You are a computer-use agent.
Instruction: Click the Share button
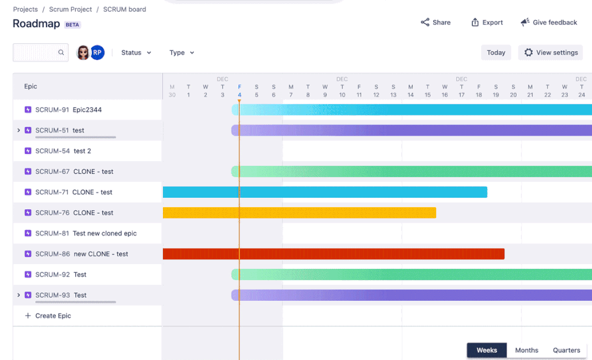[x=436, y=22]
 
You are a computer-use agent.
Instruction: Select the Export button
[x=487, y=22]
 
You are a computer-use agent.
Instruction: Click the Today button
[x=496, y=53]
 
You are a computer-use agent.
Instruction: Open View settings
[x=551, y=53]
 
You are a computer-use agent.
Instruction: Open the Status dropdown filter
[x=136, y=53]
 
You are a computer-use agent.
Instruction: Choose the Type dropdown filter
[x=181, y=53]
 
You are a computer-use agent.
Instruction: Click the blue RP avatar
[x=97, y=53]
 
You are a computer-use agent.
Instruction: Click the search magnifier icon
[x=61, y=53]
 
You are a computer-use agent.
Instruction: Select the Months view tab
[x=526, y=351]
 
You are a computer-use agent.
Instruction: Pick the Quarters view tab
[x=567, y=351]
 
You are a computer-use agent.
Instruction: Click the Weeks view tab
[x=487, y=351]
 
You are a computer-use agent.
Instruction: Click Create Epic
[x=53, y=316]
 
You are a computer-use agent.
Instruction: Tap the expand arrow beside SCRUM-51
[x=18, y=130]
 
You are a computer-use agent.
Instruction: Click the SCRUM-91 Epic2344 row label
[x=68, y=110]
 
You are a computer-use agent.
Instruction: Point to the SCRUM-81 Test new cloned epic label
[x=86, y=233]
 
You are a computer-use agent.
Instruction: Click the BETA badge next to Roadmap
[x=72, y=25]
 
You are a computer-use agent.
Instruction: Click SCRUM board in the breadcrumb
[x=124, y=9]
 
